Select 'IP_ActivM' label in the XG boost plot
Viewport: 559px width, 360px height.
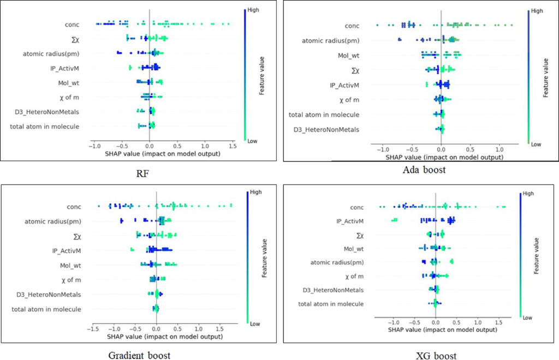(349, 221)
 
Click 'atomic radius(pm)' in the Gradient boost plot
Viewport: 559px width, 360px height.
(57, 221)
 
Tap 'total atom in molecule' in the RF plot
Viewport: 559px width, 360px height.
(48, 127)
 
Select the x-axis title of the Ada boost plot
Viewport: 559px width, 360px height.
(441, 157)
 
